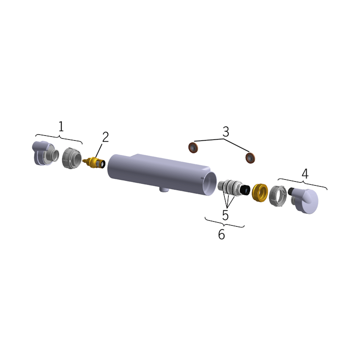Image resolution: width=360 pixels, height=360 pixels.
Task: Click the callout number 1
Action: (61, 126)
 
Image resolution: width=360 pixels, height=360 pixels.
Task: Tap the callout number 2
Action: (105, 137)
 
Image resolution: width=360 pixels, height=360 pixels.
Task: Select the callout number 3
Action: (226, 132)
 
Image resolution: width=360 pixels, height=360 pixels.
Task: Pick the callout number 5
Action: (226, 215)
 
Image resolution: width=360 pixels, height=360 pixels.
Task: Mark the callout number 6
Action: (221, 235)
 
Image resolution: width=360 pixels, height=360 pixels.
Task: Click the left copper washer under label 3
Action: (194, 147)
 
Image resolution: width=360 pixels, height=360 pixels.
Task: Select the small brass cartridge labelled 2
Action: (95, 163)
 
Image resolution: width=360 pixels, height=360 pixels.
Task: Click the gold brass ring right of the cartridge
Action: (259, 193)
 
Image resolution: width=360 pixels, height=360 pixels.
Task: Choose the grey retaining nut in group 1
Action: (72, 159)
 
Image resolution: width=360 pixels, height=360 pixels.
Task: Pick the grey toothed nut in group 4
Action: (278, 196)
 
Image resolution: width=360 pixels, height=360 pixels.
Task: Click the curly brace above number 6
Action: (225, 225)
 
